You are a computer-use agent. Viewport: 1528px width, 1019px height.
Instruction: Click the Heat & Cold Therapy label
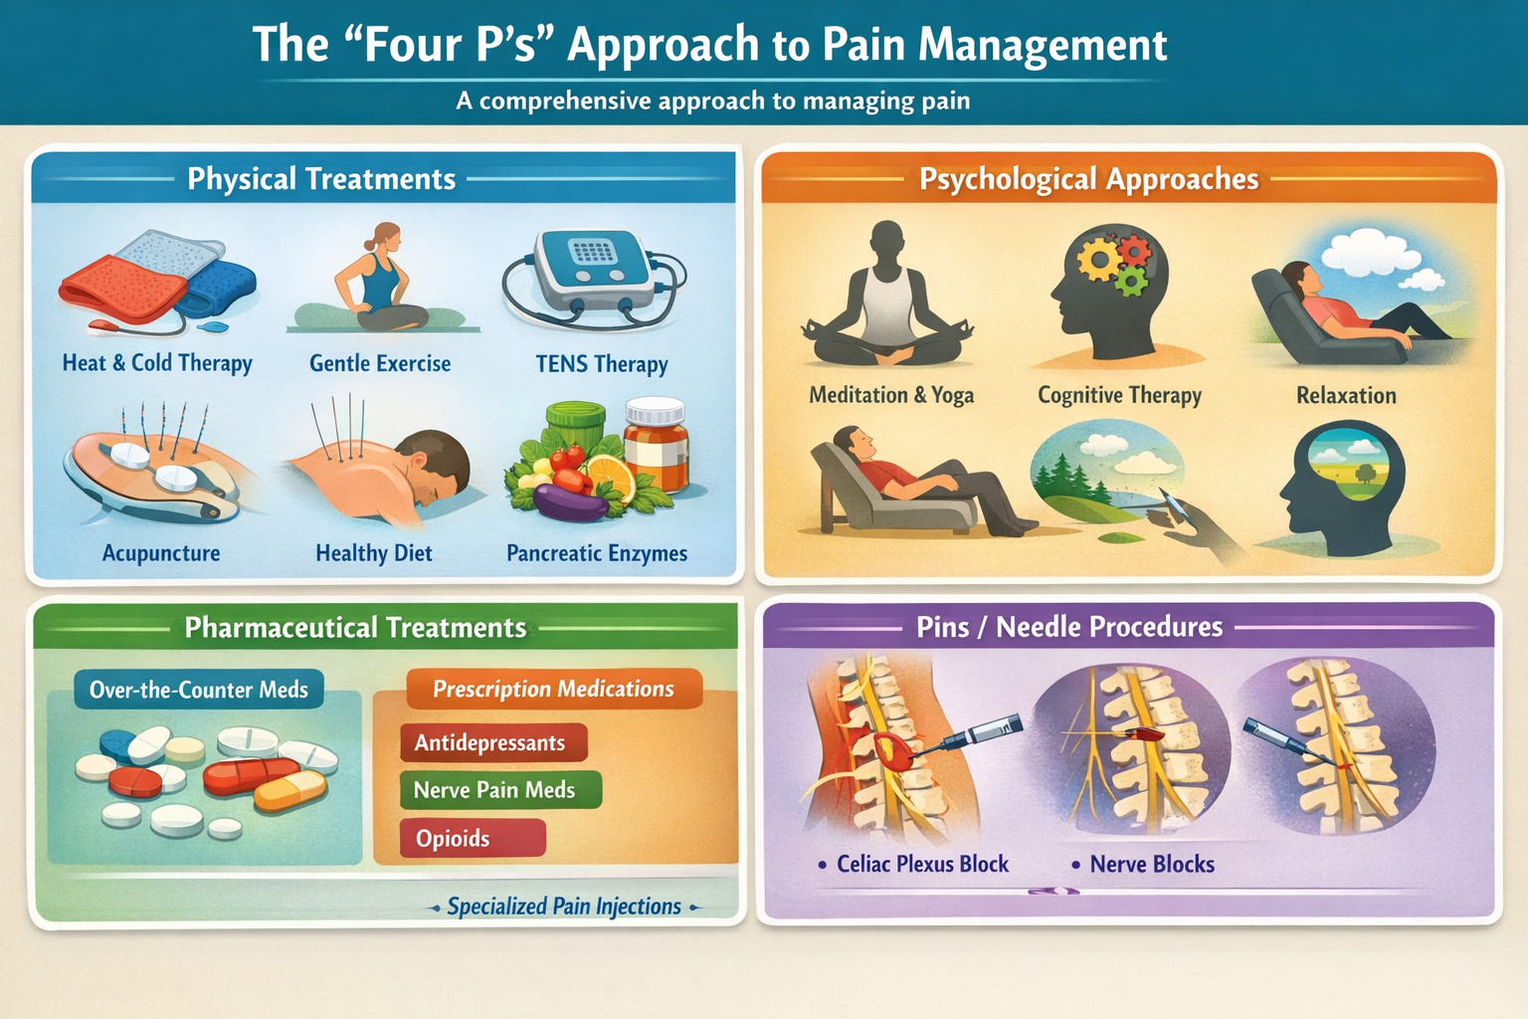[x=157, y=363]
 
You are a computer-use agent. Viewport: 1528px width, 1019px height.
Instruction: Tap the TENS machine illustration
[x=593, y=269]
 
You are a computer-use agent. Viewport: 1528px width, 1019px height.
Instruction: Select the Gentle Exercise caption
[x=380, y=364]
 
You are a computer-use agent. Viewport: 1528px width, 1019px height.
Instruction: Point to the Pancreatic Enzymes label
[x=597, y=553]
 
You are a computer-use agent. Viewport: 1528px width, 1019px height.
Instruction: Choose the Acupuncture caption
[x=161, y=553]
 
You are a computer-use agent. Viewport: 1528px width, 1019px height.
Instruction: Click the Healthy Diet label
[x=374, y=553]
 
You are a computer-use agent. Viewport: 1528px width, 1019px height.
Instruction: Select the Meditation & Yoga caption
[x=891, y=395]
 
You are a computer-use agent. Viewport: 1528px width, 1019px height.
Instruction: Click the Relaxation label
[x=1346, y=395]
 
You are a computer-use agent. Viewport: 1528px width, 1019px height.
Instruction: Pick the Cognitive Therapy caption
[x=1119, y=395]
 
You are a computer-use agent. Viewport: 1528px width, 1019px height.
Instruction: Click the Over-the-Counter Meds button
[x=199, y=690]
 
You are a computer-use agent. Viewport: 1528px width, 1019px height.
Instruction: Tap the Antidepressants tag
[x=490, y=743]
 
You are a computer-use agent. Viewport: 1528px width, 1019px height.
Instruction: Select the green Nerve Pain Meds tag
[x=495, y=790]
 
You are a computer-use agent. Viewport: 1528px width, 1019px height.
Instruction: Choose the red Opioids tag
[x=454, y=839]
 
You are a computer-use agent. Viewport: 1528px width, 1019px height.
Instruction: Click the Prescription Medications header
[x=553, y=689]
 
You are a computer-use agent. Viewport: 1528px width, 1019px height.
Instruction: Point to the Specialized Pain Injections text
[x=564, y=907]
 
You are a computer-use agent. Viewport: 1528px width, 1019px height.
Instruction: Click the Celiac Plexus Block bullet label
[x=922, y=864]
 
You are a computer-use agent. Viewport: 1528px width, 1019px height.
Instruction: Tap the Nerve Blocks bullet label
[x=1152, y=864]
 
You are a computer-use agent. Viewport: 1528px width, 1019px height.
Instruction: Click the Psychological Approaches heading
[x=1088, y=179]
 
